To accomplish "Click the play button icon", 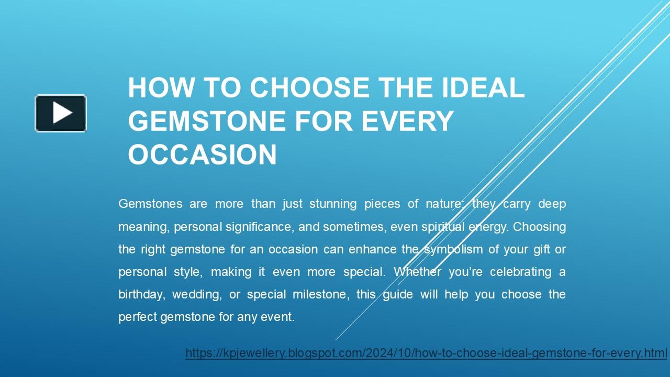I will (x=61, y=113).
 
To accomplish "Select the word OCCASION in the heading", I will (x=202, y=154).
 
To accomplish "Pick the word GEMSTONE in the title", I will (x=207, y=121).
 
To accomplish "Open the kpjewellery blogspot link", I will (x=426, y=353).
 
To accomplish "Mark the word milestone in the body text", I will (x=321, y=294).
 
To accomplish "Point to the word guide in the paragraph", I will (x=397, y=294).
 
